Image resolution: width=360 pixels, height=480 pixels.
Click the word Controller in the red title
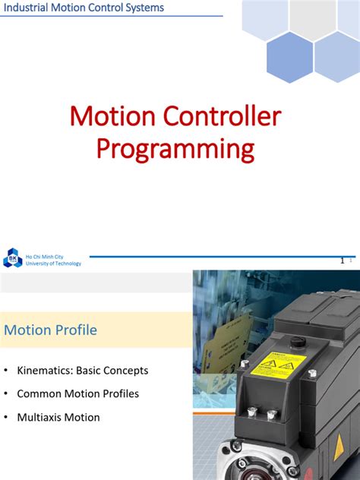click(226, 116)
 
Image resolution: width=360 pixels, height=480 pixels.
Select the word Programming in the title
click(175, 148)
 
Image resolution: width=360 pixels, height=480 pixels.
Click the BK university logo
click(12, 259)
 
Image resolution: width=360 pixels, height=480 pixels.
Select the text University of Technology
click(53, 264)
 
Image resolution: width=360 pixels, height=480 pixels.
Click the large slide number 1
click(343, 261)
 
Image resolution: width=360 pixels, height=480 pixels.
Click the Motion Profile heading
click(50, 330)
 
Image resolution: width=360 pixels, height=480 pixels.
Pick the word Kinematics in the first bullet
click(45, 371)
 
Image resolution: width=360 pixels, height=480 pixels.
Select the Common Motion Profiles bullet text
click(77, 394)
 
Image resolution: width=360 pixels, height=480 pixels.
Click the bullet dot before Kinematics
click(6, 371)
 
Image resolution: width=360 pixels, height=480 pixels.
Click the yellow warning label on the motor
click(278, 365)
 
